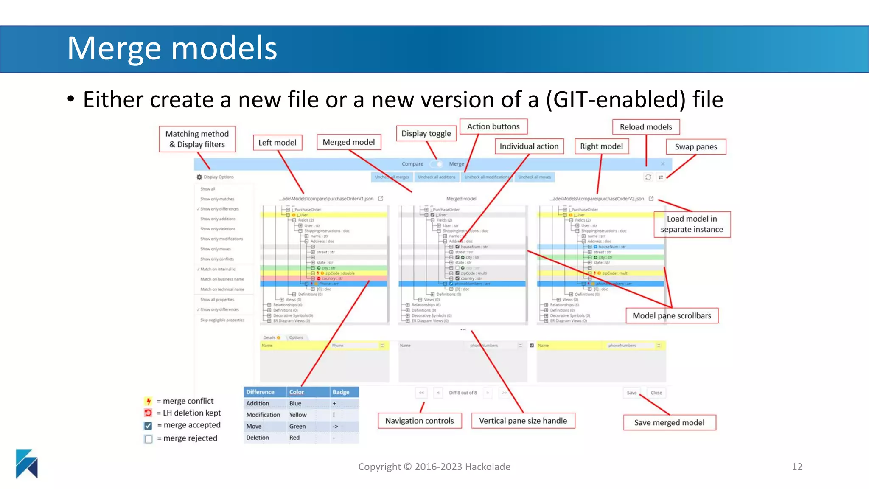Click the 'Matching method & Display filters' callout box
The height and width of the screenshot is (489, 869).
coord(197,139)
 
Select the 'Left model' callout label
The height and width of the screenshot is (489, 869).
coord(278,143)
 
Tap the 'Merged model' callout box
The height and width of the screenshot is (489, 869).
coord(348,142)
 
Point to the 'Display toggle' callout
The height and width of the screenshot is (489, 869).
coord(426,133)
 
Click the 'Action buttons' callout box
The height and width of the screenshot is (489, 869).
coord(493,126)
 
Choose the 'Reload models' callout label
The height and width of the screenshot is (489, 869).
coord(646,127)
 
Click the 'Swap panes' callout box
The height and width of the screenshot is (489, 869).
coord(696,147)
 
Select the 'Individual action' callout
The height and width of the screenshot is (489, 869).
coord(529,146)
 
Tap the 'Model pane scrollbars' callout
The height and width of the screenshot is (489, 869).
coord(672,316)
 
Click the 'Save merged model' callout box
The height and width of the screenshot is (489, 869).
coord(669,422)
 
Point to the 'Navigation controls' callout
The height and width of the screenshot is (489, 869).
coord(419,421)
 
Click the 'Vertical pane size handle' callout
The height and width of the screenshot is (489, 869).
coord(523,421)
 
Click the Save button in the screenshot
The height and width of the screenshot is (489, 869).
coord(631,393)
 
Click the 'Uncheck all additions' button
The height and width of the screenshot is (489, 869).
coord(437,177)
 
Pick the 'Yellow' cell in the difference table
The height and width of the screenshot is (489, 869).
coord(298,415)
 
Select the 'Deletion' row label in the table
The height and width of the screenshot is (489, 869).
coord(258,438)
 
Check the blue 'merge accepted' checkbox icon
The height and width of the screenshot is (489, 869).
coord(148,425)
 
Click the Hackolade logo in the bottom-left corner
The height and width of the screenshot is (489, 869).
coord(27,464)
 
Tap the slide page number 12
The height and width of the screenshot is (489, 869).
coord(797,467)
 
